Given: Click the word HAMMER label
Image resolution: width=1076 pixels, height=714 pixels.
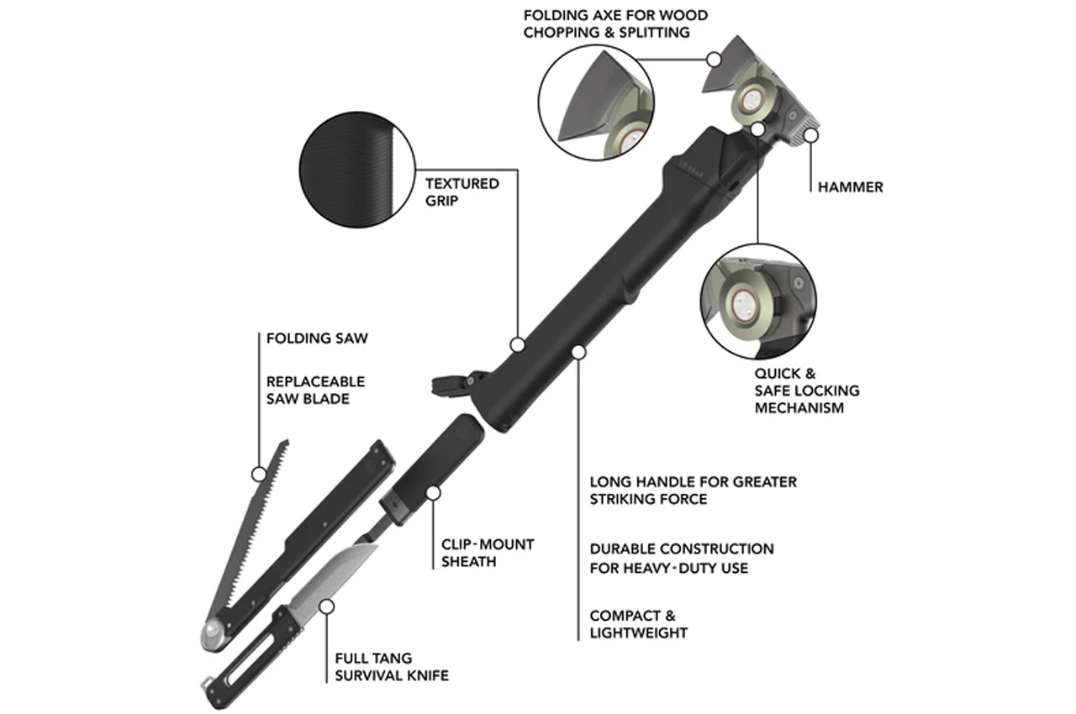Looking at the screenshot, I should pos(850,187).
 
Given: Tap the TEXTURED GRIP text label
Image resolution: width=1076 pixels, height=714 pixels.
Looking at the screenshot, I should pos(462,192).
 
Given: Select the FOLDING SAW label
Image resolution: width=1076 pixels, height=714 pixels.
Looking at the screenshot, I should pos(317,339).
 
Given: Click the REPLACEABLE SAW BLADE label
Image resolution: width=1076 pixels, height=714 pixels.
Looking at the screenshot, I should pos(315,390).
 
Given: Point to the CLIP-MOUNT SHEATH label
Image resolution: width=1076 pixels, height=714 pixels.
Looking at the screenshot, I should pos(488,553).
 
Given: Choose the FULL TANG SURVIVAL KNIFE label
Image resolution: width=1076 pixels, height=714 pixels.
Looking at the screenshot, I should pos(391,667).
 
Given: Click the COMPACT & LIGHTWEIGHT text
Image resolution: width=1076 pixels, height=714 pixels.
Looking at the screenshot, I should pos(638,624).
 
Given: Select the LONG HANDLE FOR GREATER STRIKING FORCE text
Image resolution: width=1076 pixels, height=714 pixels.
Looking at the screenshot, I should pos(692,491).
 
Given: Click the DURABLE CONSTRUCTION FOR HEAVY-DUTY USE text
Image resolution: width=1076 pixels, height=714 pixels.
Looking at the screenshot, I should pos(681,558).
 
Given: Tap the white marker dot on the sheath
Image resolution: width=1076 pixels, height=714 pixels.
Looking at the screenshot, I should pos(433,493).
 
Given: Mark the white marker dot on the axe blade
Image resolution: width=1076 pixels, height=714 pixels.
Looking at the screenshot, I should pos(715,60).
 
